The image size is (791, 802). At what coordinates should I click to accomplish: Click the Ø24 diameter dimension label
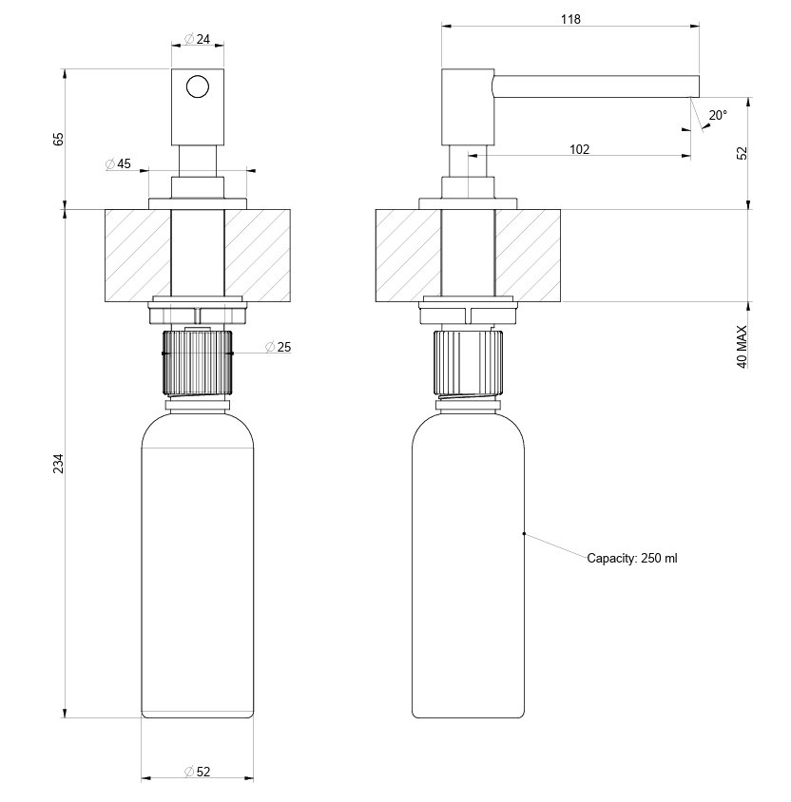(197, 39)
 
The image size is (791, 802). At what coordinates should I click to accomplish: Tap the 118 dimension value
(570, 19)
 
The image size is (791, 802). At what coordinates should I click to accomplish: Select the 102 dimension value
(579, 149)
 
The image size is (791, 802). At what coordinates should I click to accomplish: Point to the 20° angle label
(718, 115)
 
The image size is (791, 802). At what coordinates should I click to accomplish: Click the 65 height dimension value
(59, 139)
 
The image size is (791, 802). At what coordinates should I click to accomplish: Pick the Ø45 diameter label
(119, 163)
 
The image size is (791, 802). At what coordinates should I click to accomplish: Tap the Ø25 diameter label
(279, 347)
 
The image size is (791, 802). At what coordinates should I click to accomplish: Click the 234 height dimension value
(59, 464)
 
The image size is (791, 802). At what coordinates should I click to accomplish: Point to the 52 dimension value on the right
(743, 152)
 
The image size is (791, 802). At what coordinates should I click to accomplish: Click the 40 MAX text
(743, 348)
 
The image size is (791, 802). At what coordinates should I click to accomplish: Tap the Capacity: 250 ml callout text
(632, 559)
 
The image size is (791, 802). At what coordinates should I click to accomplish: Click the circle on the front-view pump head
(198, 87)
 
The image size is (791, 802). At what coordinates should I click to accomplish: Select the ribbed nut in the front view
(198, 362)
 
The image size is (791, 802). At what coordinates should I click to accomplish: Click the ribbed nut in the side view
(468, 362)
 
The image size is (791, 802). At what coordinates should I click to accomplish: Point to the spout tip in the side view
(694, 86)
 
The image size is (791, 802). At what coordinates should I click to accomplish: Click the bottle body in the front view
(198, 580)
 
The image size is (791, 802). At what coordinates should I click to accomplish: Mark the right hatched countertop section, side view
(527, 256)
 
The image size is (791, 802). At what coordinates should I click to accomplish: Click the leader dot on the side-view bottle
(524, 534)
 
